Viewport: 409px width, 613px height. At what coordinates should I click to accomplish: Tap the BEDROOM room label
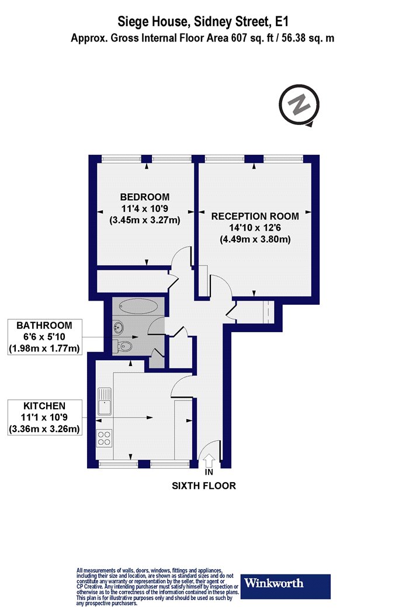(144, 197)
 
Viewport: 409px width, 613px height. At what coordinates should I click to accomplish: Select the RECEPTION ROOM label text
(255, 216)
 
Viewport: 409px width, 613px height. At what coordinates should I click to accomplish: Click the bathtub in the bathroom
(138, 305)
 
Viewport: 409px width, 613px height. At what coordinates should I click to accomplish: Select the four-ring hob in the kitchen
(105, 438)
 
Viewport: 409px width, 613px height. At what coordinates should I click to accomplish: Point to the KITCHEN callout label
(44, 405)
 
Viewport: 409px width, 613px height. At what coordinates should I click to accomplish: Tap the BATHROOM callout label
(44, 325)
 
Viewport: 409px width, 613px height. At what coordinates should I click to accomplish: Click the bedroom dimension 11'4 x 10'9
(144, 208)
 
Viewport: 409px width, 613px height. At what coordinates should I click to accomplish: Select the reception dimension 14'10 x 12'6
(255, 228)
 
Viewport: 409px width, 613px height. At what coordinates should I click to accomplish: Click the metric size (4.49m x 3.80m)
(255, 239)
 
